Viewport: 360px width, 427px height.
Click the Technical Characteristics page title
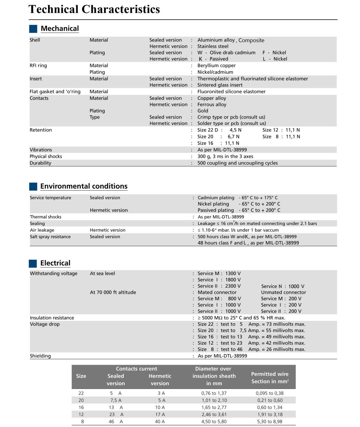tap(94, 9)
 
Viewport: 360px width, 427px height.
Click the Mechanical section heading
tap(60, 29)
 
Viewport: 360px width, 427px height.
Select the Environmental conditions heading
tap(84, 186)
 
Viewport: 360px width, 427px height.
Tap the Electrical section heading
tap(55, 263)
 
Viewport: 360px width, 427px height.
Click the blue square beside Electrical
tap(33, 263)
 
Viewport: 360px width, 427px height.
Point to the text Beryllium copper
tap(216, 66)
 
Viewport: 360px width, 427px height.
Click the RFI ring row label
tap(38, 66)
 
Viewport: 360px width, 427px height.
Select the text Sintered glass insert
tap(220, 85)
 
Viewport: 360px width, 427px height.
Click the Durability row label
tap(40, 163)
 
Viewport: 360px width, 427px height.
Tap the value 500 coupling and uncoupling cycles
tap(237, 163)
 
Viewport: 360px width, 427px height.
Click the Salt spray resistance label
tap(50, 237)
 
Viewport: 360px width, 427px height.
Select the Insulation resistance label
tap(52, 318)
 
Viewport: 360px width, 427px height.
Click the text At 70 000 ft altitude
tap(113, 292)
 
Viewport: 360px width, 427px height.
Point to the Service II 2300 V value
tap(219, 286)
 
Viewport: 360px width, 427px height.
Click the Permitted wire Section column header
tap(270, 378)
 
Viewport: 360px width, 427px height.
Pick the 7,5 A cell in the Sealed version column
tap(116, 400)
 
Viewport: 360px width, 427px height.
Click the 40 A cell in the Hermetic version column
tap(160, 422)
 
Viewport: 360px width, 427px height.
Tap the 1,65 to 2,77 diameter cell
tap(214, 407)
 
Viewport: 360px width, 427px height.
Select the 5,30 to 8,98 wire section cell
tap(270, 422)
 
